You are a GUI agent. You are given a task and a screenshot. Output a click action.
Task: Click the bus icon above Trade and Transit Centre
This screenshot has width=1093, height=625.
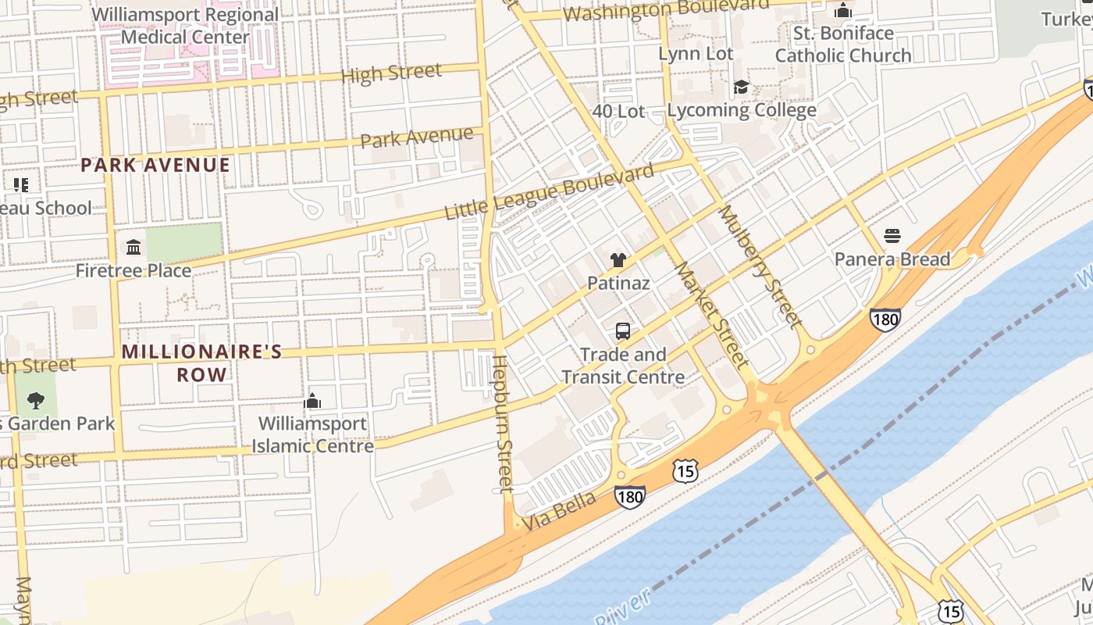(622, 330)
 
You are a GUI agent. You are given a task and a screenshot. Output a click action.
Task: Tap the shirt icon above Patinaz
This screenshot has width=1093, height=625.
(618, 260)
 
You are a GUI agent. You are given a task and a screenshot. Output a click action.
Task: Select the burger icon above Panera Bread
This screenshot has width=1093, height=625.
(892, 236)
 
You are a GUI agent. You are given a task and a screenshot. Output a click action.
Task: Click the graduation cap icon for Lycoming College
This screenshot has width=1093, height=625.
(741, 87)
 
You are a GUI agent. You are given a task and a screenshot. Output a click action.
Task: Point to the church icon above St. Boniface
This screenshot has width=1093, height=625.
(843, 10)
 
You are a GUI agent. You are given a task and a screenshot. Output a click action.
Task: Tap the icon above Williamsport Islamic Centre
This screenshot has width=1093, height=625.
(312, 401)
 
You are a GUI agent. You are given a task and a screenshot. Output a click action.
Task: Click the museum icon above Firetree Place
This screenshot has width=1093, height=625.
(134, 248)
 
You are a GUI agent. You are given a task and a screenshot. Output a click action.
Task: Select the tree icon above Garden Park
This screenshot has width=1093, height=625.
(35, 401)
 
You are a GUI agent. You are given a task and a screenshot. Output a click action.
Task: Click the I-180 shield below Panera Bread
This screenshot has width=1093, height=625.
(885, 319)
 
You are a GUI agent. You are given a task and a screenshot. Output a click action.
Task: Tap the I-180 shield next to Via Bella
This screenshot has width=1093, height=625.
(629, 497)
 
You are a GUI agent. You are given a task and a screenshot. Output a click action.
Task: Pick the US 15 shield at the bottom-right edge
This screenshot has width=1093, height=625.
(951, 610)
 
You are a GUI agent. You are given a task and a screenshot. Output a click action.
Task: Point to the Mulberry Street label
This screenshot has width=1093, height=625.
(760, 266)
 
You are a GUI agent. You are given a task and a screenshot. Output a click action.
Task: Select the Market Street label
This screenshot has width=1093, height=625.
(711, 314)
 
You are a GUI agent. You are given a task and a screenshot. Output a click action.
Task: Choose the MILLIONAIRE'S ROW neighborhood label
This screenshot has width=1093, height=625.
(201, 362)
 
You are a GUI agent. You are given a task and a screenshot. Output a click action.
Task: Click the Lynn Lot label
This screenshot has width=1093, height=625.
(696, 54)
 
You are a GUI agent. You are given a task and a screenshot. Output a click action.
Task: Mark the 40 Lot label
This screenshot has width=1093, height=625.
(618, 112)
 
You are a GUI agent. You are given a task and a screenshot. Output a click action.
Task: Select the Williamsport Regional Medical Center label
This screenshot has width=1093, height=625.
(185, 26)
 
